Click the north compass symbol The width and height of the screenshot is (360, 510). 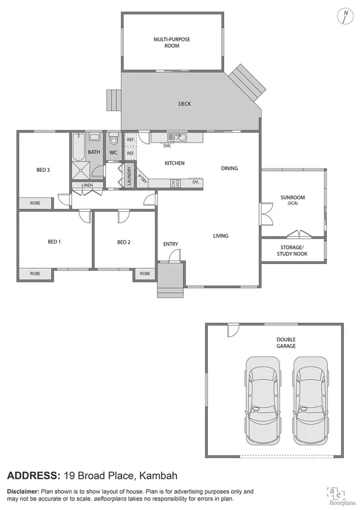[344, 16]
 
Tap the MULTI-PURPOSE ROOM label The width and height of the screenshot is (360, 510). [172, 42]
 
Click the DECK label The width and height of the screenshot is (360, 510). [185, 104]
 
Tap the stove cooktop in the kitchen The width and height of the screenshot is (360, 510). [176, 183]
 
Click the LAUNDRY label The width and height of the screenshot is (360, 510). [129, 175]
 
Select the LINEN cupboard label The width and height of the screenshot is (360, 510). [87, 185]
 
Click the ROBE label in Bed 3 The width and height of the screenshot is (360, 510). [35, 203]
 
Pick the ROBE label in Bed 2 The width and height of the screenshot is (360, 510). [145, 273]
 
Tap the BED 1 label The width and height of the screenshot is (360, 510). [55, 242]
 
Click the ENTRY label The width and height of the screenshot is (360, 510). [171, 244]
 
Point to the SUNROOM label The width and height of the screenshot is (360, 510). [293, 198]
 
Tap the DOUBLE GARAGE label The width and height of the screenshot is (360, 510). [286, 343]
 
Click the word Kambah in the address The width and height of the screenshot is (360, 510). [158, 476]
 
